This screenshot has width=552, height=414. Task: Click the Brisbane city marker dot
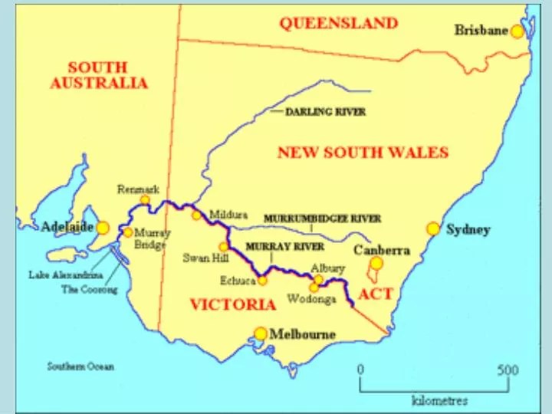[x=517, y=31]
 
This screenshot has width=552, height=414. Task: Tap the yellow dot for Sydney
[x=433, y=228]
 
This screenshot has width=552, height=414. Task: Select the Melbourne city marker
[x=261, y=333]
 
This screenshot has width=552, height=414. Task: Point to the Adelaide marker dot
[x=103, y=228]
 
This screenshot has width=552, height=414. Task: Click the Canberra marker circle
[x=376, y=264]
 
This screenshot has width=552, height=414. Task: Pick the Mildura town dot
[x=197, y=215]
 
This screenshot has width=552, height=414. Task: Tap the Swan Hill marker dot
[x=224, y=247]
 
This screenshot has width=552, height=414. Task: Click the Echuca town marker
[x=262, y=281]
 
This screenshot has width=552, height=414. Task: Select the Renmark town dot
[x=144, y=199]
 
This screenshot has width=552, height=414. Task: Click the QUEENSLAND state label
[x=338, y=23]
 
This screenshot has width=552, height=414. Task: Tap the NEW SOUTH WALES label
[x=363, y=152]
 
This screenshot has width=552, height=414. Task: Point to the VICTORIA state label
[x=232, y=304]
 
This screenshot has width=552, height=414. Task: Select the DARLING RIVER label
[x=325, y=111]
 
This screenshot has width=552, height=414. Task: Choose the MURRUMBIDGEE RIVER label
[x=322, y=219]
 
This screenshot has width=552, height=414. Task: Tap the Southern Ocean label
[x=80, y=366]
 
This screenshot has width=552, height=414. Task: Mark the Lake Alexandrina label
[x=61, y=274]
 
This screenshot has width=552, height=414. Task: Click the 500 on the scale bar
[x=508, y=370]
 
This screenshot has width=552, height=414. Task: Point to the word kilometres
[x=440, y=400]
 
